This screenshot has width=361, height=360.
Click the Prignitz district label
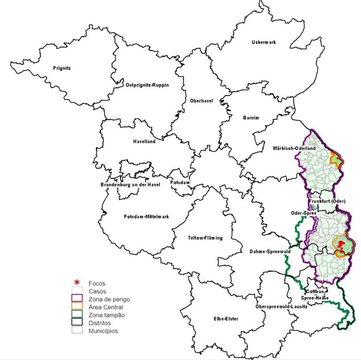(62, 68)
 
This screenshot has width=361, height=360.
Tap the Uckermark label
(264, 42)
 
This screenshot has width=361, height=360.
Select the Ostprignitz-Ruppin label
(147, 85)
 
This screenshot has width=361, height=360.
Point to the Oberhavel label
(201, 101)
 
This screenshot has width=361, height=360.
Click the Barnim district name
(251, 118)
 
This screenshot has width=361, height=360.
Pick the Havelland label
(144, 141)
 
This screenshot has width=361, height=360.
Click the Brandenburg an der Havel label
(129, 184)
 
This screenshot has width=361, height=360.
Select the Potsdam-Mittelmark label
(146, 216)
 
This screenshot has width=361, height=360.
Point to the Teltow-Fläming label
(205, 238)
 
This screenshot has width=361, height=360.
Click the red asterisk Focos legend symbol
(77, 283)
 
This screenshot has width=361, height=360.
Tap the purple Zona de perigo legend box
(77, 299)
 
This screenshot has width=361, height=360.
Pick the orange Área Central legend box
(77, 307)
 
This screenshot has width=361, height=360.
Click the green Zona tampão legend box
(77, 315)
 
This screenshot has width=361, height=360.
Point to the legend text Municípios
(103, 331)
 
